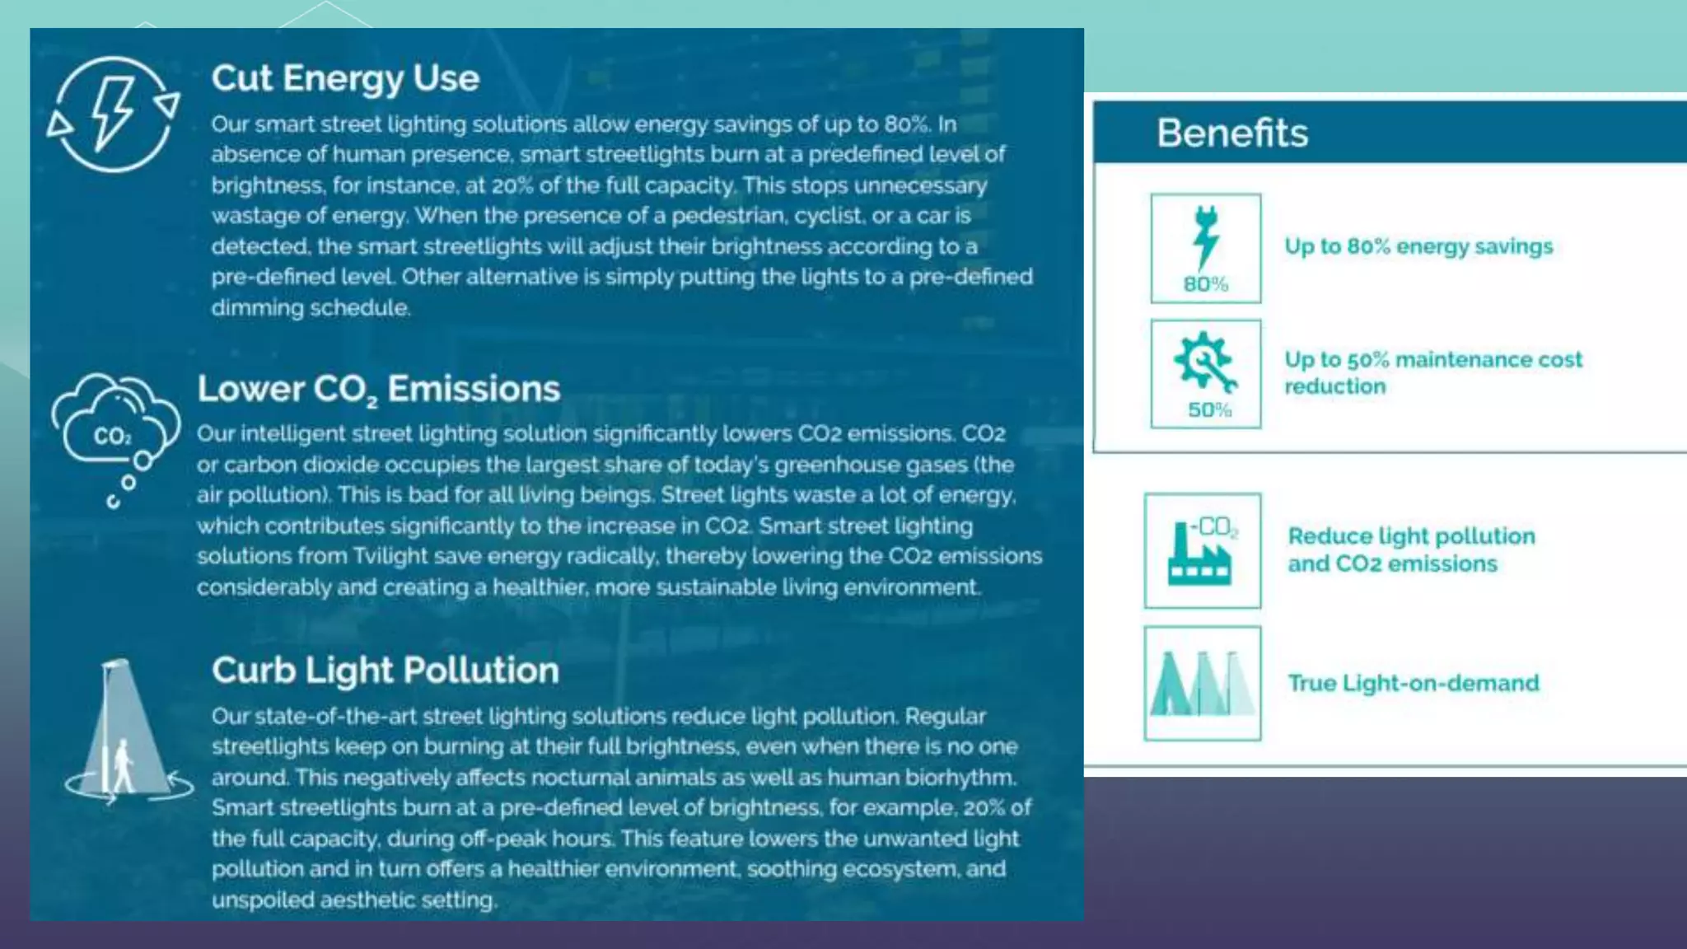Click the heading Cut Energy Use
(x=345, y=79)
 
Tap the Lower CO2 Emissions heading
(x=378, y=389)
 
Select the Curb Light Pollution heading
(x=385, y=671)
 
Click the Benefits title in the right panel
(x=1231, y=133)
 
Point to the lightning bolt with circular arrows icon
(x=114, y=114)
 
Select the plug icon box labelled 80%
(x=1205, y=248)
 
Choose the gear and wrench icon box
(x=1205, y=373)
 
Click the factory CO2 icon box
(x=1202, y=550)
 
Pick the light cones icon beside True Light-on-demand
(x=1202, y=683)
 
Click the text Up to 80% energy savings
(x=1418, y=246)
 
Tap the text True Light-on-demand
(x=1414, y=683)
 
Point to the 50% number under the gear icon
(x=1209, y=410)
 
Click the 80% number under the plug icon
(x=1206, y=284)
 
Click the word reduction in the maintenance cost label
(x=1335, y=386)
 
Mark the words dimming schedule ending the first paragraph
(x=311, y=308)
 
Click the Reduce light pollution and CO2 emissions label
(x=1411, y=549)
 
